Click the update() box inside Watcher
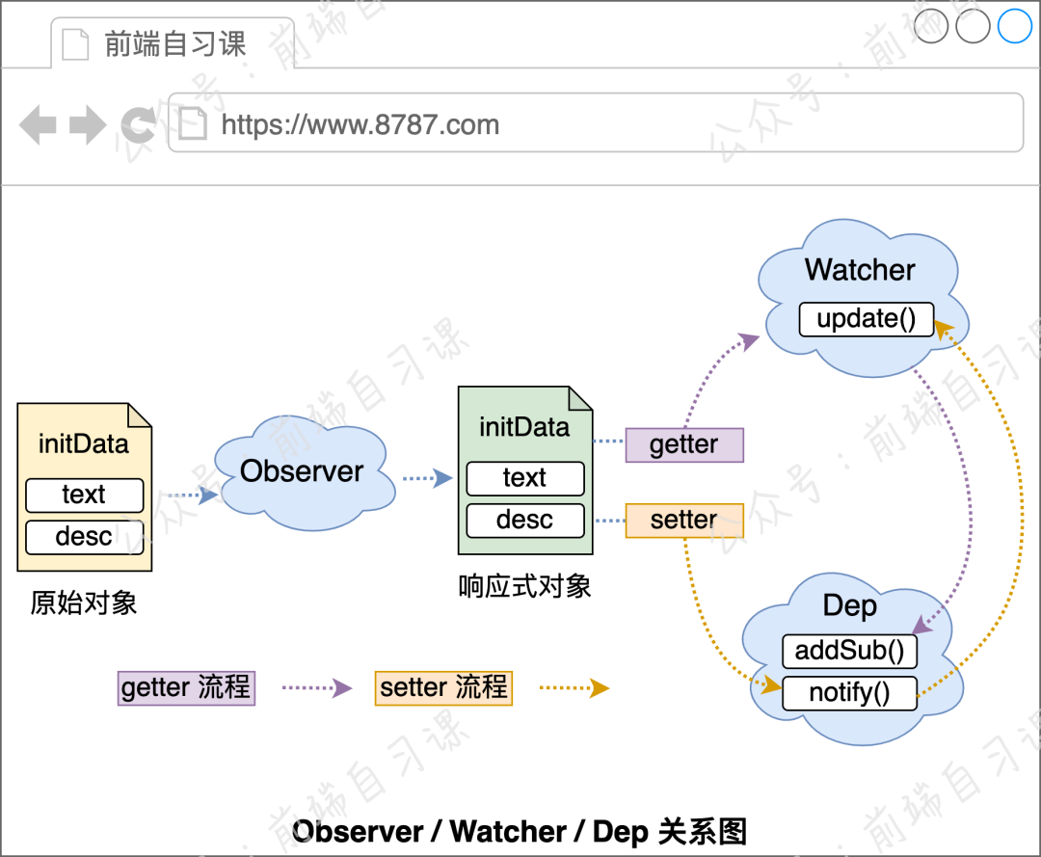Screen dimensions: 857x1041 (x=867, y=319)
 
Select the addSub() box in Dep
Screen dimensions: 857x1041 (x=849, y=652)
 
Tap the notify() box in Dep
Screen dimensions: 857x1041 (x=849, y=693)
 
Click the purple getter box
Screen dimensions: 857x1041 (x=684, y=444)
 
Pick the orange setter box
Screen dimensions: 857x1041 (x=684, y=521)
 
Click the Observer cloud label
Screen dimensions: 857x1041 (x=302, y=471)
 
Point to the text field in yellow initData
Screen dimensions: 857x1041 (x=84, y=495)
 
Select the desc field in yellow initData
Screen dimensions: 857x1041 (x=84, y=537)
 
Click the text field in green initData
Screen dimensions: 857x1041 (x=525, y=478)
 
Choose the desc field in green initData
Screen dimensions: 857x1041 (x=525, y=521)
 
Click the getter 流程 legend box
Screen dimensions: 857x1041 (x=186, y=688)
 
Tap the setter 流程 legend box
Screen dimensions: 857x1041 (x=443, y=688)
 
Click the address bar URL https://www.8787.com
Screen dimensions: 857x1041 (x=360, y=124)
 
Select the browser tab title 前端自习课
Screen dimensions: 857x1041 (x=174, y=44)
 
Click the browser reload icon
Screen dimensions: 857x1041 (x=139, y=124)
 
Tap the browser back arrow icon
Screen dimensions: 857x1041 (x=38, y=125)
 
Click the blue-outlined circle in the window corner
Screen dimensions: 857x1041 (x=1015, y=26)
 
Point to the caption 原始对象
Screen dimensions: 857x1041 (x=84, y=603)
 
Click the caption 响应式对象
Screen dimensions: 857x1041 (x=524, y=586)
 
